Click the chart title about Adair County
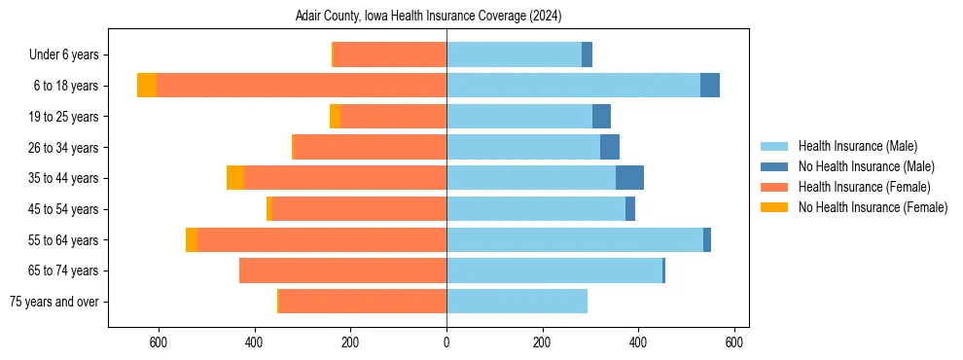point(428,17)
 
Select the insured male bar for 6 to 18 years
point(573,86)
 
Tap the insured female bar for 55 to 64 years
point(322,239)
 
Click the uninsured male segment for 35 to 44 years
point(629,178)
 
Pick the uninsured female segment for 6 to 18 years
point(147,86)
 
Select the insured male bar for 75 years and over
point(517,302)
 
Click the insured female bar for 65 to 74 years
point(342,270)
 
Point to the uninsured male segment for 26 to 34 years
point(610,147)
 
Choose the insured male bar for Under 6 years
point(514,54)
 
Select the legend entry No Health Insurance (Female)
point(873,207)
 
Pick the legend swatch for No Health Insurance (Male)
point(774,166)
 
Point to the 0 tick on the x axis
point(446,342)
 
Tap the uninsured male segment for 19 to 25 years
point(602,116)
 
